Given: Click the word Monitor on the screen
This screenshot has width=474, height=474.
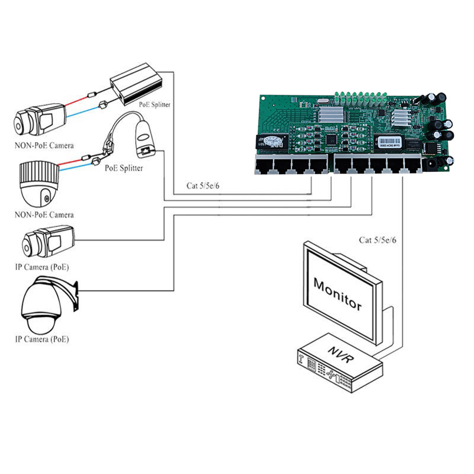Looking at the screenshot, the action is coord(337,294).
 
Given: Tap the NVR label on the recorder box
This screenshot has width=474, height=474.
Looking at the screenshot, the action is coord(341,354).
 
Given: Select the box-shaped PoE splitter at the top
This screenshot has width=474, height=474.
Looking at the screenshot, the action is coord(136,84).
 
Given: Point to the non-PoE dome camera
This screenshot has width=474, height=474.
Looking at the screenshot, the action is coord(39,184).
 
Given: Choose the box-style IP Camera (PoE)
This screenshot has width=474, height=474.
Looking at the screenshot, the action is coord(49,241).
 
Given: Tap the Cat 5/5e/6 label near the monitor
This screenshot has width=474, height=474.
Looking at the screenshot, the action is coord(377,240).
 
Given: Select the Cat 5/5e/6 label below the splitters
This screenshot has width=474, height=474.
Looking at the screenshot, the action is coord(203,185).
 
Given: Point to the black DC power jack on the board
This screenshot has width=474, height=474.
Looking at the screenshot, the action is coord(430,165).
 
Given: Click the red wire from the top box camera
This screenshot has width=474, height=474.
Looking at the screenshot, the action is coord(76,102).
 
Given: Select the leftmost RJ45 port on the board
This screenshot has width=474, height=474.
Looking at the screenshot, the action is coord(264,166).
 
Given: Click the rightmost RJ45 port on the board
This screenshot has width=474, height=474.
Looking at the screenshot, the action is coord(412,166).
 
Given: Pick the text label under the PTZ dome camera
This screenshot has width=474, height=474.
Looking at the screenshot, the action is coord(42,339).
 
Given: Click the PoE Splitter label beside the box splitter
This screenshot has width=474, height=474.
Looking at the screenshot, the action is coord(155,105).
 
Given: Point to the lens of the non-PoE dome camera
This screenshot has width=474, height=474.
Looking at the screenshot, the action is coord(46,198).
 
